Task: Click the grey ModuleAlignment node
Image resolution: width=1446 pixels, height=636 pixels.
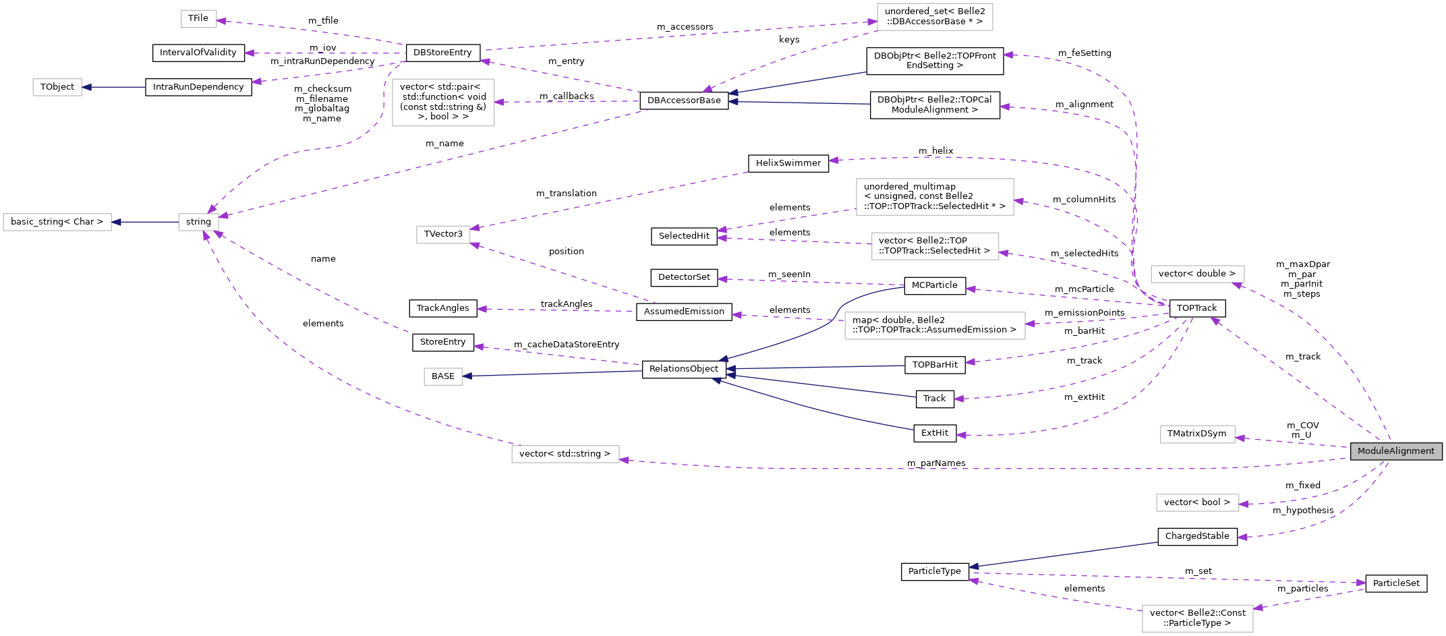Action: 1395,451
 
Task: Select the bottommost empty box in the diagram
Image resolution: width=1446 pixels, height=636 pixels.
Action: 1197,618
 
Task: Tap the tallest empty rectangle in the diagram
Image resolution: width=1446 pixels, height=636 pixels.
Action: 443,103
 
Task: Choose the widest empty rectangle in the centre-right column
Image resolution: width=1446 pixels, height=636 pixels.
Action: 935,326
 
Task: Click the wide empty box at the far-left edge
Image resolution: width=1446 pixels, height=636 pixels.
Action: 57,222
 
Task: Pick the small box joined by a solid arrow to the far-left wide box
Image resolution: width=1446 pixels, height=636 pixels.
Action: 198,222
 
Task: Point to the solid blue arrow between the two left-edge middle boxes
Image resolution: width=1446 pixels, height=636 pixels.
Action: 145,222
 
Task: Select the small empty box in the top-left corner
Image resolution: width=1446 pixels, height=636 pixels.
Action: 199,19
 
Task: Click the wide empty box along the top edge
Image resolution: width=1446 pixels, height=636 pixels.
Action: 935,17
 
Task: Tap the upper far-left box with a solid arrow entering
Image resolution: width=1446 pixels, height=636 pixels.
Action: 57,88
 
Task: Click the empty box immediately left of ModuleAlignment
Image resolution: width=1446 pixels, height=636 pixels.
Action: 1197,434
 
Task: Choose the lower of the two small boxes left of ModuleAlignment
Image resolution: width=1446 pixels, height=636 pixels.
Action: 1197,502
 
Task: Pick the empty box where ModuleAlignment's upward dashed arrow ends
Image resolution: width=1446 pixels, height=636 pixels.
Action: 1197,274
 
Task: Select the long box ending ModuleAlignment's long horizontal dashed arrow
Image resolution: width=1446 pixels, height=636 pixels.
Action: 565,455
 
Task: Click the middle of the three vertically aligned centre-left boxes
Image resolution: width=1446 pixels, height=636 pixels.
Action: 443,235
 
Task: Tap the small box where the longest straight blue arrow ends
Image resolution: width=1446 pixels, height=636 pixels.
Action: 443,376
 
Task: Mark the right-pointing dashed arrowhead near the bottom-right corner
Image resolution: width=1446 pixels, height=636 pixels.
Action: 1362,583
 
